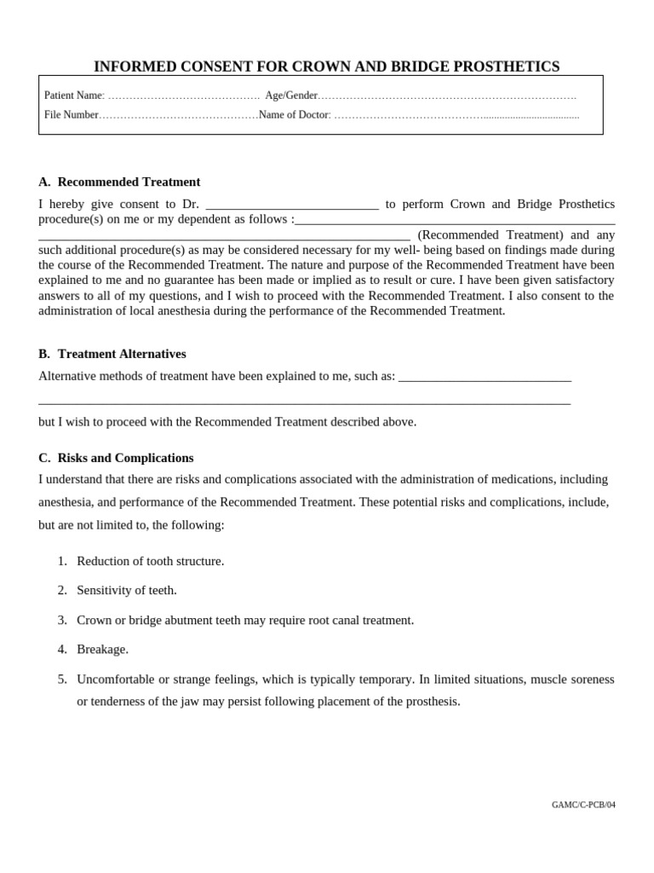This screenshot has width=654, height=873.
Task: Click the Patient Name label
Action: pos(73,95)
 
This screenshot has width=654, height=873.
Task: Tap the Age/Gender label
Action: pos(291,95)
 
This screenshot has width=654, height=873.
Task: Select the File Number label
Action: pos(72,114)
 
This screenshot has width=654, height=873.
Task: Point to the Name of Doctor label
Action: pos(295,114)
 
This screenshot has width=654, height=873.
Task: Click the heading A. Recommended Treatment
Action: pos(119,182)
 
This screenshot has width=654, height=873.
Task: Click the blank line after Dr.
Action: pos(292,205)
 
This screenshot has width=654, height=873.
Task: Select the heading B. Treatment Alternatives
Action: pos(112,354)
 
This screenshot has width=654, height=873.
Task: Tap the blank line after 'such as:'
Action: pos(485,377)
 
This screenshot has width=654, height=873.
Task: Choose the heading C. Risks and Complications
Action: pos(116,458)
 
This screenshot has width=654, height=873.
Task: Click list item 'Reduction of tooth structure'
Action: pos(151,561)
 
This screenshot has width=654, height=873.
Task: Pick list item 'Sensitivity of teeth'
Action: pos(127,590)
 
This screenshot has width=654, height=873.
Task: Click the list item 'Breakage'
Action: pos(102,649)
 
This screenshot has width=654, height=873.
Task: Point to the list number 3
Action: pos(62,620)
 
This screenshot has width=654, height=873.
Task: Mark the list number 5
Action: pos(62,679)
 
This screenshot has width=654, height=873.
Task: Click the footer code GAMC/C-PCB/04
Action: pos(583,805)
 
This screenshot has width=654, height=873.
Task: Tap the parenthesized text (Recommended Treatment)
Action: pos(490,234)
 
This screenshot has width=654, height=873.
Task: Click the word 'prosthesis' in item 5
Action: pos(432,701)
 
